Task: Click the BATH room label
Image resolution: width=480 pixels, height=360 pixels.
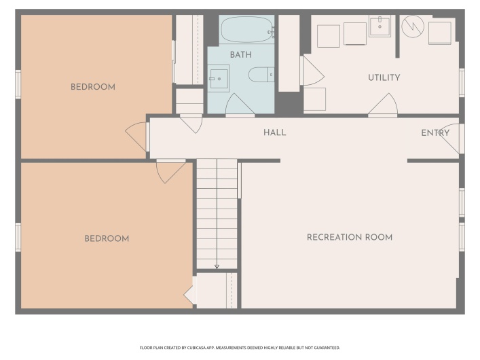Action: pos(241,55)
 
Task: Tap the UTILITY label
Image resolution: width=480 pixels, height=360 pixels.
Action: pos(384,77)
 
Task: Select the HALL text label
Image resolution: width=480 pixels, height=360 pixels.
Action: pos(274,132)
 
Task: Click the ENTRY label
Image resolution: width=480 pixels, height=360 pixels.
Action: pos(435,133)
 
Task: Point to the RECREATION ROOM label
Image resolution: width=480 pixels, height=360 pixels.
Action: pos(350,237)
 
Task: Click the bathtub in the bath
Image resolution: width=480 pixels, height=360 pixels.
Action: pos(246,29)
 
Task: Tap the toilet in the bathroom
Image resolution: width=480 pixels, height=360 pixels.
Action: pos(261,75)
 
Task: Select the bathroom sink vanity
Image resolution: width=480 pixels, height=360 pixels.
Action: pos(219,78)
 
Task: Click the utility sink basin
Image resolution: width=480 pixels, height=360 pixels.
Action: pos(380,26)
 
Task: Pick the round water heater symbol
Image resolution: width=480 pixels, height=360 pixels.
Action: pos(413,26)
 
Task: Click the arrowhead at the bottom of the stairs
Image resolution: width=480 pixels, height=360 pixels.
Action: pos(217,266)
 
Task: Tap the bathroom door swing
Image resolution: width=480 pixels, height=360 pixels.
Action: pos(240,105)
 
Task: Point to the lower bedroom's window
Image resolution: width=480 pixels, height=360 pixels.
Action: pos(18,238)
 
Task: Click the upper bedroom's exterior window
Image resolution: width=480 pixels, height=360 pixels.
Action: pos(18,84)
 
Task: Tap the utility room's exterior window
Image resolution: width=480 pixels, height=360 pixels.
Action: pos(462,83)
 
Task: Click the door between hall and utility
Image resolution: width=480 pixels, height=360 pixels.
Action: pos(383,105)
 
